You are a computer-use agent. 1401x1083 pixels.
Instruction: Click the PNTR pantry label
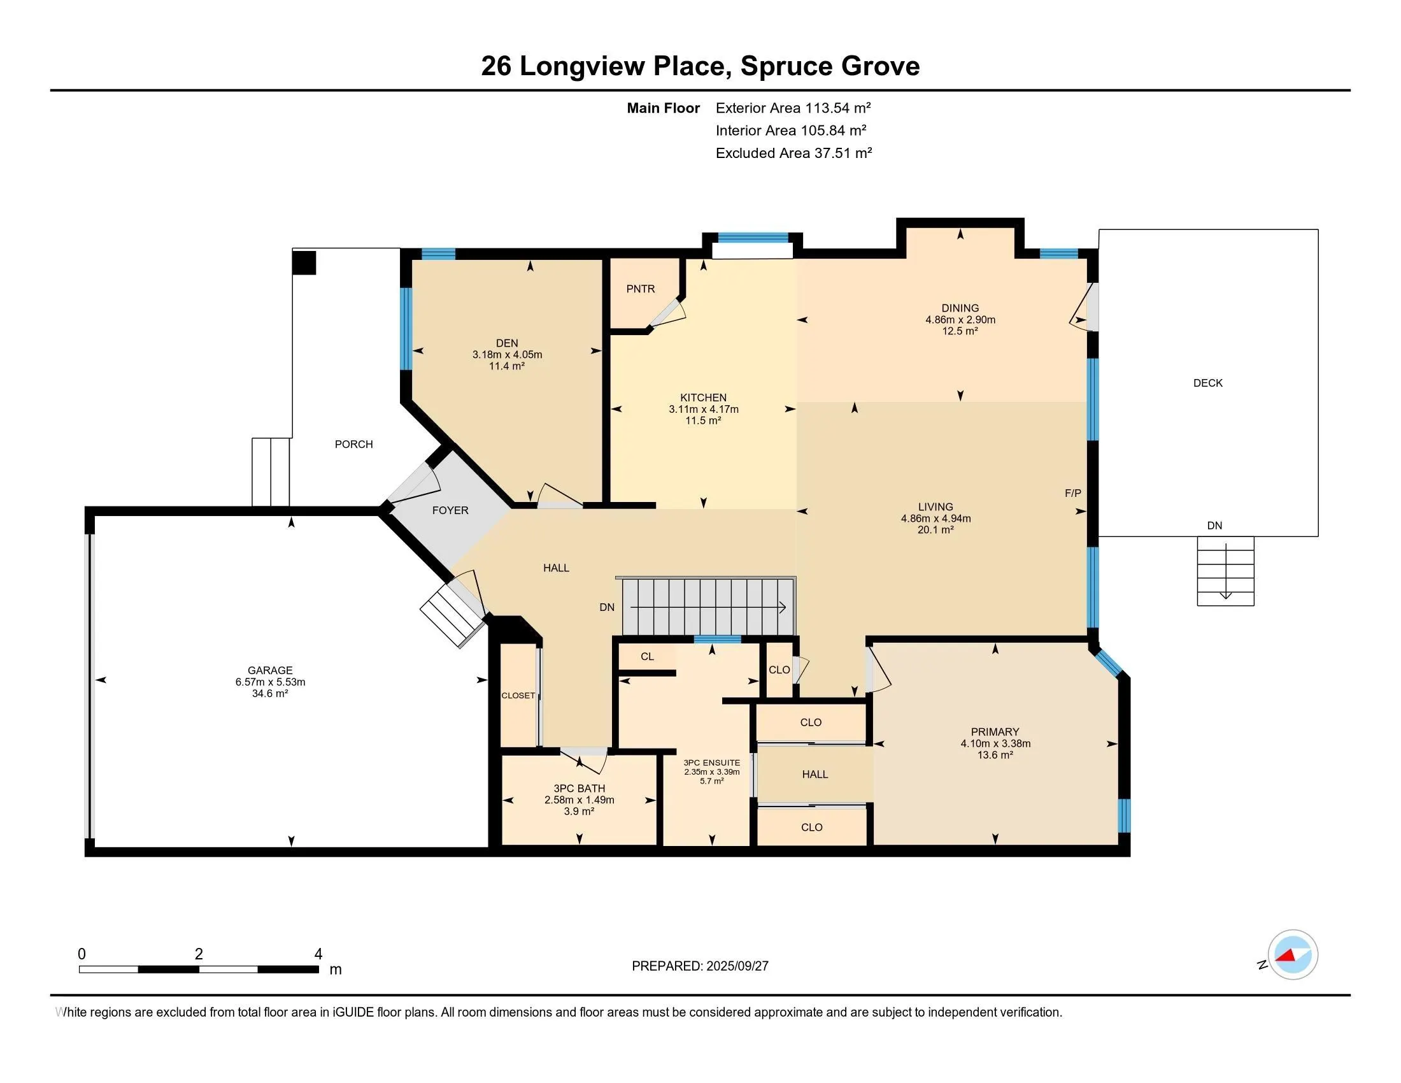coord(640,289)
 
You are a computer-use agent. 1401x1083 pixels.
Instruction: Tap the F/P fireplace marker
coord(1072,492)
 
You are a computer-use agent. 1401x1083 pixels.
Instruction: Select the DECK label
coord(1208,383)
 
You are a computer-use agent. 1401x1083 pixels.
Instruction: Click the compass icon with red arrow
coord(1293,954)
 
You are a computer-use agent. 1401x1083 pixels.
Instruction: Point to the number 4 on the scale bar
coord(318,954)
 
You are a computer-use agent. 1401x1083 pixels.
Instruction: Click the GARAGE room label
coord(270,670)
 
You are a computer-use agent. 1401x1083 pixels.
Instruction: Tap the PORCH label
coord(353,444)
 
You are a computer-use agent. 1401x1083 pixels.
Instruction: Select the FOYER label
coord(450,510)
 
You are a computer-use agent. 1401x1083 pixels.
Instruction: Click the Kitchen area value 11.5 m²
coord(704,421)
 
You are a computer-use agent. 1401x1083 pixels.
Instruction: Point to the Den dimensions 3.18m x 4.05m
coord(507,354)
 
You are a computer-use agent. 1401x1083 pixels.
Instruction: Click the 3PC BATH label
coord(580,789)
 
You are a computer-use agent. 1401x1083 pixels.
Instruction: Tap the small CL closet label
coord(647,656)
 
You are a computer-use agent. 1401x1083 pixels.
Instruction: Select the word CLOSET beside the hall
coord(518,696)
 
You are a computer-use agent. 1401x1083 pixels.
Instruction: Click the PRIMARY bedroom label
coord(995,732)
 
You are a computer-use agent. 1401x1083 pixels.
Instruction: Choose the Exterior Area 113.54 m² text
coord(793,108)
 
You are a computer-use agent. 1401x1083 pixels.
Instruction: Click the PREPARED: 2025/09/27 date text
coord(700,966)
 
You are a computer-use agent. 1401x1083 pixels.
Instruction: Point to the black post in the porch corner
coord(304,263)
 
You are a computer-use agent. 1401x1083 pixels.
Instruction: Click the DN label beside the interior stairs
coord(607,607)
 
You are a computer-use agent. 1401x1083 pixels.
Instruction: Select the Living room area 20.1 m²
coord(936,530)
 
